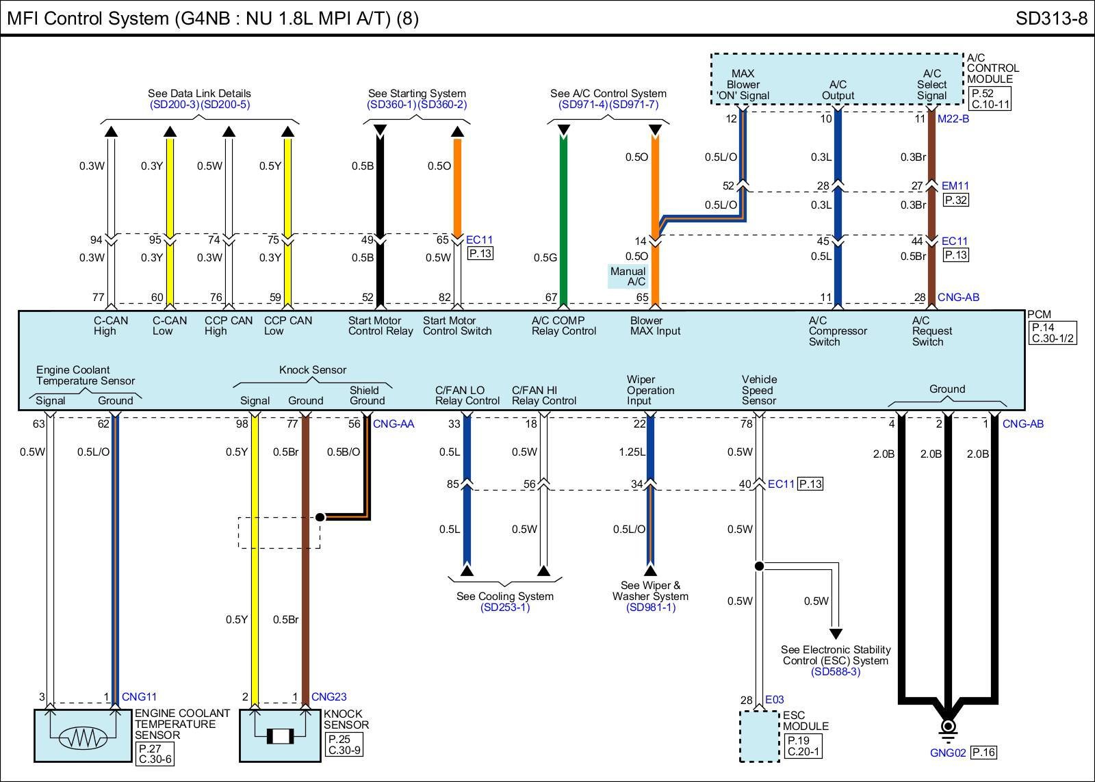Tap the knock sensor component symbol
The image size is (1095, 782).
tap(279, 736)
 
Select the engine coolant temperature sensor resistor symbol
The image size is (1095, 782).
tap(83, 737)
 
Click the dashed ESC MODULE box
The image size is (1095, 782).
tap(759, 736)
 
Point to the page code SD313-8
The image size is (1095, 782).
tap(1051, 18)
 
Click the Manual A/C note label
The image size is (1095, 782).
tap(628, 276)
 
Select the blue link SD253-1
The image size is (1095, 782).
tap(505, 608)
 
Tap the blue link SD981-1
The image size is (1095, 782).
tap(650, 608)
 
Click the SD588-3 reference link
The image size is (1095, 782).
tap(836, 672)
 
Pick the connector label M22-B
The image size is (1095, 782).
tap(953, 119)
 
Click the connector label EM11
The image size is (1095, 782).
tap(955, 185)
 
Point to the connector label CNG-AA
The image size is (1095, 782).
tap(394, 424)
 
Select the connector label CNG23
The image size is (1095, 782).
tap(329, 697)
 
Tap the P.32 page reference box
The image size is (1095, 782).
tap(956, 200)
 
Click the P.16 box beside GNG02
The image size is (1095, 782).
tap(983, 753)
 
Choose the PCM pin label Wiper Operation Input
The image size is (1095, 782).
tap(650, 390)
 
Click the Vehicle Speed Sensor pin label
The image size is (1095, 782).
tap(759, 390)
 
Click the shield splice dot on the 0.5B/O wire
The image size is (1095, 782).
tap(320, 517)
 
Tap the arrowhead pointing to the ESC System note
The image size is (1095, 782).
tap(836, 634)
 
